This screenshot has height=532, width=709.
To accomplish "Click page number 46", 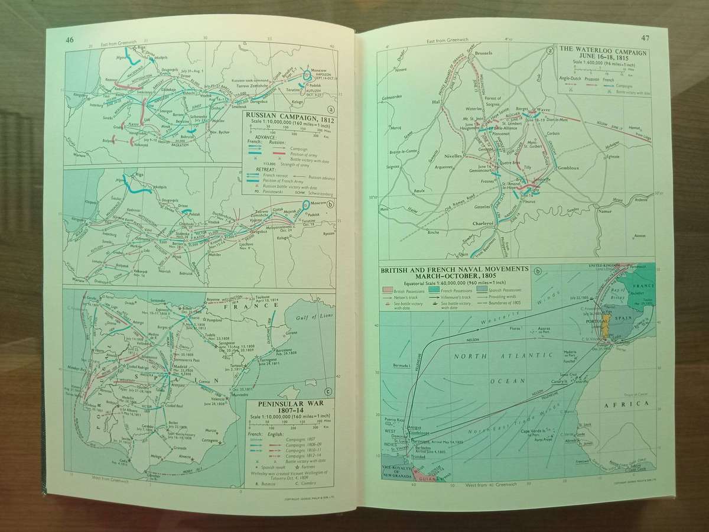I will (x=70, y=41).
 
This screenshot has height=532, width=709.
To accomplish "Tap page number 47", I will (x=645, y=39).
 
